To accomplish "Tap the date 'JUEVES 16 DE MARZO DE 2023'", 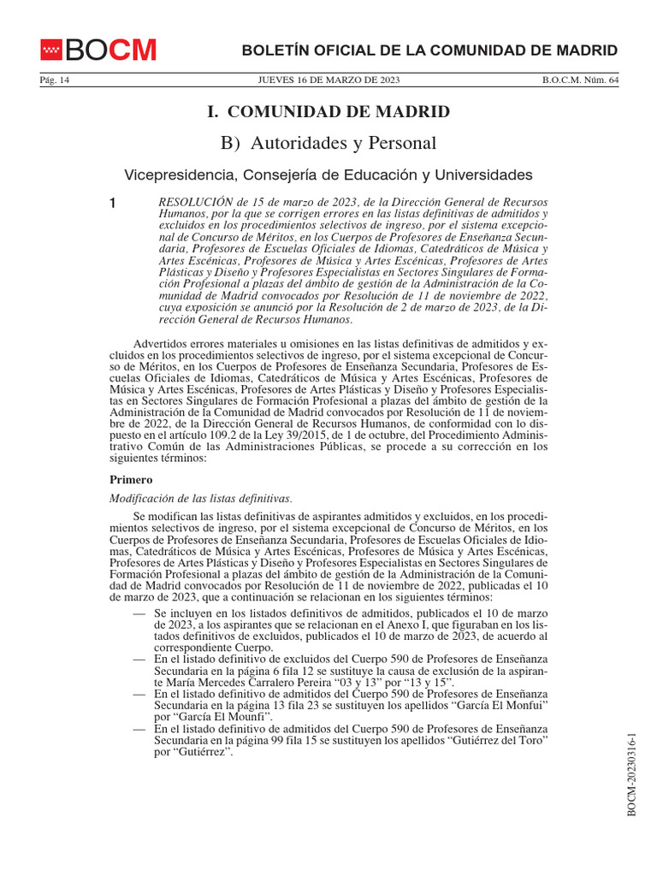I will point(328,80).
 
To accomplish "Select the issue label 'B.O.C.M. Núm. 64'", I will point(580,80).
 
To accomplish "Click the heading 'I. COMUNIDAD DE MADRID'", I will point(328,111).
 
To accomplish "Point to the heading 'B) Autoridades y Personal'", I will point(328,143).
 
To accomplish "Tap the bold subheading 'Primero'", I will point(131,480).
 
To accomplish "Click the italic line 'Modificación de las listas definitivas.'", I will point(202,498).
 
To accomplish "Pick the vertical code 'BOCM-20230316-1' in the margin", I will point(632,774).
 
